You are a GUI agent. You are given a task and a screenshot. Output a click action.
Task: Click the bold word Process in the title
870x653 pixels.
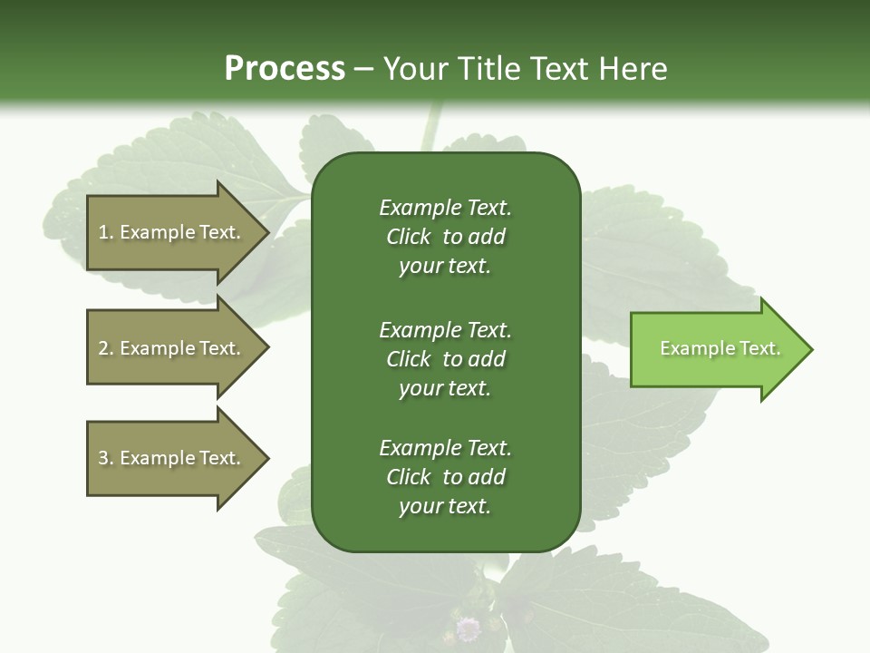click(x=285, y=69)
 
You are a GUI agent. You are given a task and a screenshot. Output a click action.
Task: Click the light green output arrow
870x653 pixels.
click(x=716, y=349)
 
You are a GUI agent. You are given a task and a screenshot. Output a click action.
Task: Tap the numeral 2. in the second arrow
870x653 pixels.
click(x=106, y=348)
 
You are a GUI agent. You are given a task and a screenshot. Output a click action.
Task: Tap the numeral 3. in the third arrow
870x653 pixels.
click(x=106, y=458)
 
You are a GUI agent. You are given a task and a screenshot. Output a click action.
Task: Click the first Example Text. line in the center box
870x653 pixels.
click(x=445, y=208)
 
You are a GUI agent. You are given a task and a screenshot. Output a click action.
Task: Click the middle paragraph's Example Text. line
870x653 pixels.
click(x=445, y=330)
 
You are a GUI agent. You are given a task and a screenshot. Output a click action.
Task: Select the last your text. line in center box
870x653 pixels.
click(x=445, y=507)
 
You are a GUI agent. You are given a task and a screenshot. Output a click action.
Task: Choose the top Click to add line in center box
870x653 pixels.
click(x=445, y=237)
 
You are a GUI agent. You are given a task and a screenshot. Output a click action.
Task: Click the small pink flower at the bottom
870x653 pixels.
click(x=468, y=627)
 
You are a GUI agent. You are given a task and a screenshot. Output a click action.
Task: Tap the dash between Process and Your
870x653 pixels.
click(x=363, y=69)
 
